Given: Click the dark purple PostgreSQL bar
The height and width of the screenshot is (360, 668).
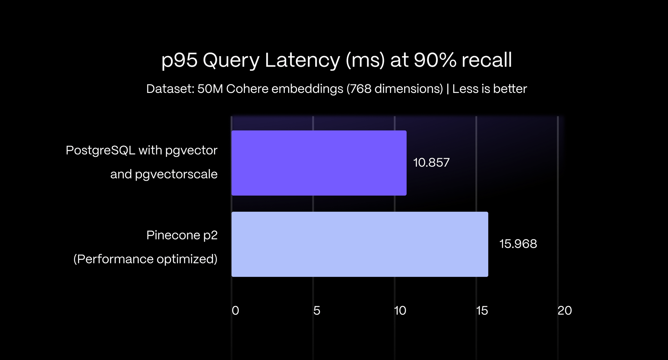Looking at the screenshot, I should (x=319, y=163).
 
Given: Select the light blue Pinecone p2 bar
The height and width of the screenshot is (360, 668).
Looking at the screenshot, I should (x=360, y=244).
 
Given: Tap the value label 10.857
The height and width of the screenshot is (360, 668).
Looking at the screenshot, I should (x=431, y=163).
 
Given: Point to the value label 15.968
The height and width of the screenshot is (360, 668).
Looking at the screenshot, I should (x=518, y=244).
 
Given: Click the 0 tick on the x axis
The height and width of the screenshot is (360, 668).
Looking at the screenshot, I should (x=235, y=310).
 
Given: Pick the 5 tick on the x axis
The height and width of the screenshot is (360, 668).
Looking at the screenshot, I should (x=317, y=310).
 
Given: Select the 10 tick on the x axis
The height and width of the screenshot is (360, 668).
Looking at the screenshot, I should (x=400, y=310).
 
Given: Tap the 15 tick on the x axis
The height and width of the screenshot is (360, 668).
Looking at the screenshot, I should (x=482, y=310).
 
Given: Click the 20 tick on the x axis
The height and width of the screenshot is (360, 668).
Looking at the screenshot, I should (x=565, y=310).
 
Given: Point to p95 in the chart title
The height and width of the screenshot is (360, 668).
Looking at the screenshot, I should (x=179, y=60).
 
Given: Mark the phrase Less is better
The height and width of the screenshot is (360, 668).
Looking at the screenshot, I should (x=489, y=89).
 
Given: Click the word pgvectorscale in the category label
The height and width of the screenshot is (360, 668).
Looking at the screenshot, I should (x=176, y=174).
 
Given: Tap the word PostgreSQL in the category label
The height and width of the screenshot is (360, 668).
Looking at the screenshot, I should (x=100, y=150).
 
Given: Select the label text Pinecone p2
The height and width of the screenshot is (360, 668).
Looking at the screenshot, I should (x=182, y=235).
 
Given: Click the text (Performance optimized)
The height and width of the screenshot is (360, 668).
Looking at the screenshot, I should (x=145, y=259).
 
